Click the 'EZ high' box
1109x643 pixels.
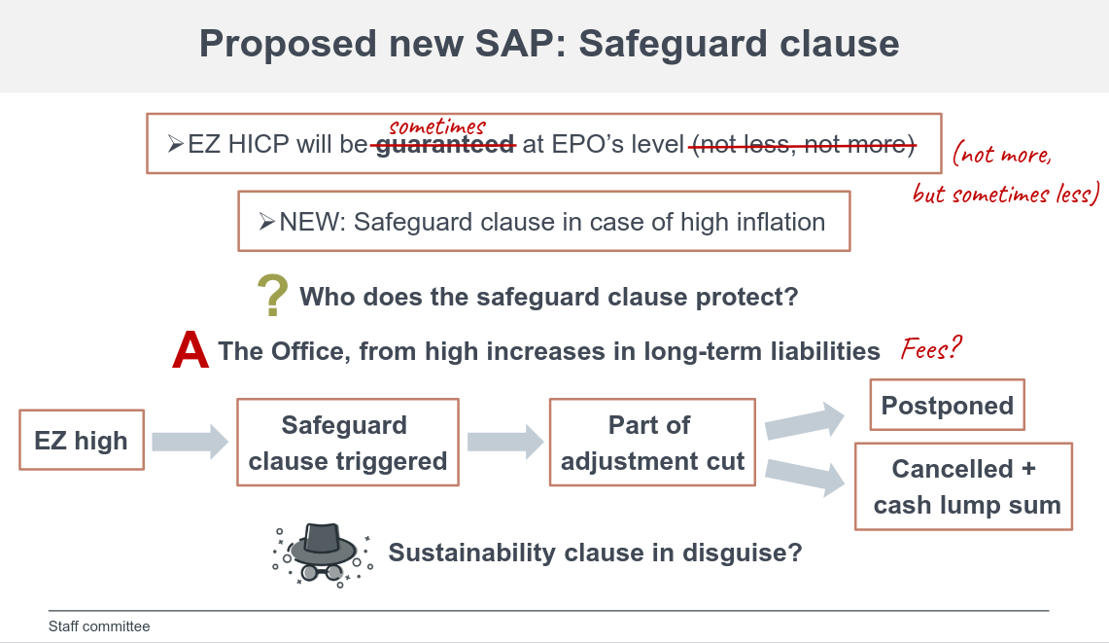pyautogui.click(x=82, y=441)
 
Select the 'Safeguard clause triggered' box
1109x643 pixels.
pyautogui.click(x=347, y=443)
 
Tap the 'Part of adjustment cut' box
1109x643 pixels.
pyautogui.click(x=652, y=443)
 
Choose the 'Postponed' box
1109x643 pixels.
pyautogui.click(x=947, y=406)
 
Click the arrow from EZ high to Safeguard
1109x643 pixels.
pyautogui.click(x=190, y=442)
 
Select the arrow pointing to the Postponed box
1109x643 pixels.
pyautogui.click(x=805, y=421)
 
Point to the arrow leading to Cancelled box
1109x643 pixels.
pyautogui.click(x=805, y=476)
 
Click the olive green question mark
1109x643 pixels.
pyautogui.click(x=272, y=297)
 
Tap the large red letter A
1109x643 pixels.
pyautogui.click(x=191, y=351)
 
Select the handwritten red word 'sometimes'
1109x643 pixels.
pyautogui.click(x=436, y=126)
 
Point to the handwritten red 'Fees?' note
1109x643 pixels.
pyautogui.click(x=931, y=348)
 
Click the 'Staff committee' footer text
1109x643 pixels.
pyautogui.click(x=99, y=626)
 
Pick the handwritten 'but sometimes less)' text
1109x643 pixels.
pyautogui.click(x=1005, y=194)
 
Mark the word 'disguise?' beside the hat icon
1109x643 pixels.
pyautogui.click(x=743, y=553)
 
